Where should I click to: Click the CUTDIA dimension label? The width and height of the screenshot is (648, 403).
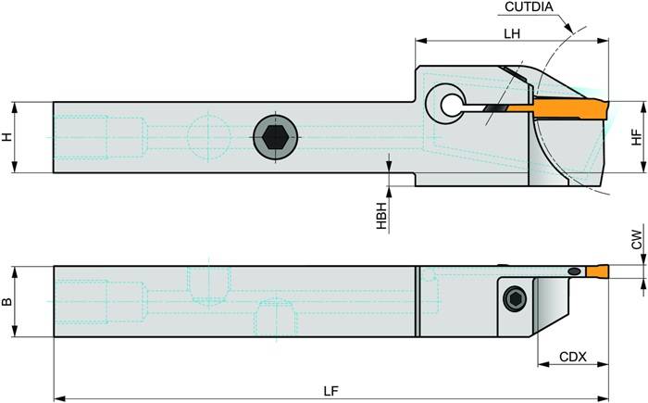[530, 8]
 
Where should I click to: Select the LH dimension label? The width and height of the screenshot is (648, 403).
[511, 31]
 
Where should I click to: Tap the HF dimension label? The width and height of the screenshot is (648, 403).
[636, 136]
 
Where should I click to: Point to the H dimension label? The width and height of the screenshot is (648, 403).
[8, 136]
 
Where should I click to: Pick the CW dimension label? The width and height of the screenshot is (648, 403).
[636, 243]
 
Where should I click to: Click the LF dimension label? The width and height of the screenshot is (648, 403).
[330, 390]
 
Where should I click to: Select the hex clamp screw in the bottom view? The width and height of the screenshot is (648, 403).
[517, 298]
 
